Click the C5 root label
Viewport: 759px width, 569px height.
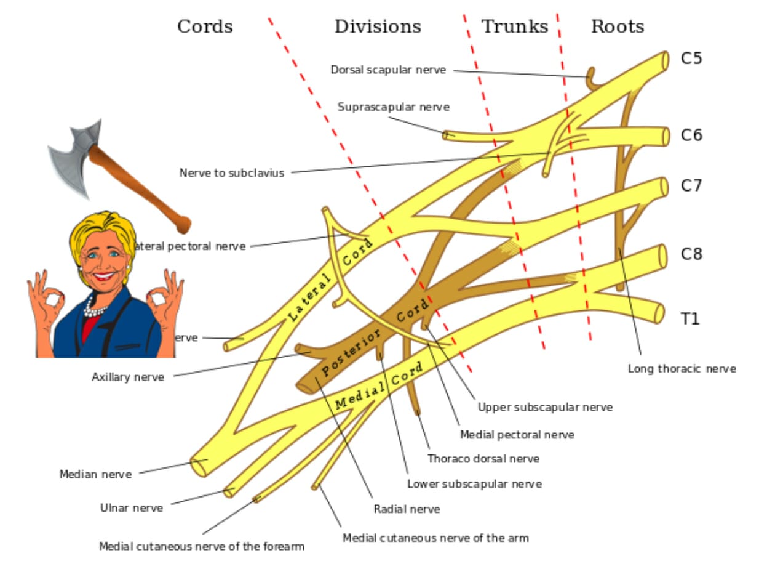point(691,59)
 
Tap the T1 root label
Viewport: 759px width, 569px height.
point(690,319)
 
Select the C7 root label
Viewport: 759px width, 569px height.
point(691,185)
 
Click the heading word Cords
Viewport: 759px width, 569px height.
point(205,27)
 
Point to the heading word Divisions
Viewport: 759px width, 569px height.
point(378,27)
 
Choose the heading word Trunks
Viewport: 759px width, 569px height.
point(514,27)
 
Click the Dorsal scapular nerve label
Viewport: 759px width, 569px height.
point(388,70)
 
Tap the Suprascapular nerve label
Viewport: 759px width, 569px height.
point(394,107)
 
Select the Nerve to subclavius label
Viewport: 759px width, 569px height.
point(232,173)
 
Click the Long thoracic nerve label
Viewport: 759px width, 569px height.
point(682,369)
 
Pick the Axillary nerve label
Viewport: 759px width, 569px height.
point(128,377)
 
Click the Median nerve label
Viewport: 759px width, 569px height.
point(95,474)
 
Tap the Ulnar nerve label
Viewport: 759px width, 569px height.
point(132,508)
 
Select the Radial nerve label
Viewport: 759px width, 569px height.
point(407,509)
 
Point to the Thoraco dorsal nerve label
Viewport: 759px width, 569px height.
point(483,459)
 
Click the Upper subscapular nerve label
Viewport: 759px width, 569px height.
point(545,407)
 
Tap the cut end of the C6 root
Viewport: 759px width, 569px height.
point(664,137)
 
